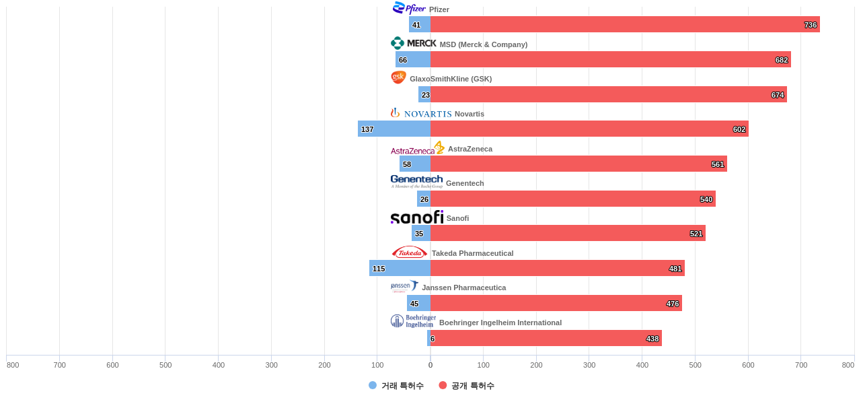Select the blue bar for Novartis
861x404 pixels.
tap(394, 129)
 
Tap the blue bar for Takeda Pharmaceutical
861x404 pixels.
tap(400, 268)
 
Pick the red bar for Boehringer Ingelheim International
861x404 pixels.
tap(546, 338)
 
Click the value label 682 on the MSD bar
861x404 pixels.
tap(781, 60)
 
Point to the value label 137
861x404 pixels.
tap(367, 129)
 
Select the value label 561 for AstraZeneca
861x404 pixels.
tap(718, 164)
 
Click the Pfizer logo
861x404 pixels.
tap(409, 8)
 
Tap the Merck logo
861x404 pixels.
tap(413, 43)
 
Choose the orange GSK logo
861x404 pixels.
tap(398, 77)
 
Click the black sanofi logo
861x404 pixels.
tap(416, 217)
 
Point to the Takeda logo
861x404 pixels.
tap(409, 252)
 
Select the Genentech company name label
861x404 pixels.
tap(465, 183)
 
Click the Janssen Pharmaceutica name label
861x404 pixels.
tap(463, 288)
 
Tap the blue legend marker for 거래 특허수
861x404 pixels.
tap(373, 385)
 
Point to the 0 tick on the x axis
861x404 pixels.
tap(430, 365)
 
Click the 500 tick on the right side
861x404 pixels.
tap(695, 365)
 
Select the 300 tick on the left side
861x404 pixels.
tap(271, 365)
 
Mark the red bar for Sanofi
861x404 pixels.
tap(568, 233)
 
